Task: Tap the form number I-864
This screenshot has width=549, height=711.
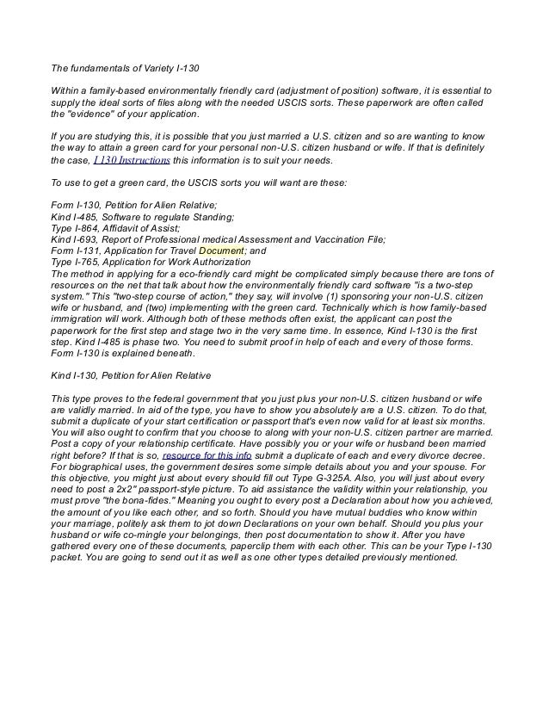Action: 90,228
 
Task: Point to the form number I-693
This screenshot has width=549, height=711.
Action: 89,239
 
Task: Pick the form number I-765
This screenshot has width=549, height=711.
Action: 90,262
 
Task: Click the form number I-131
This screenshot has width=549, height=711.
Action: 92,250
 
